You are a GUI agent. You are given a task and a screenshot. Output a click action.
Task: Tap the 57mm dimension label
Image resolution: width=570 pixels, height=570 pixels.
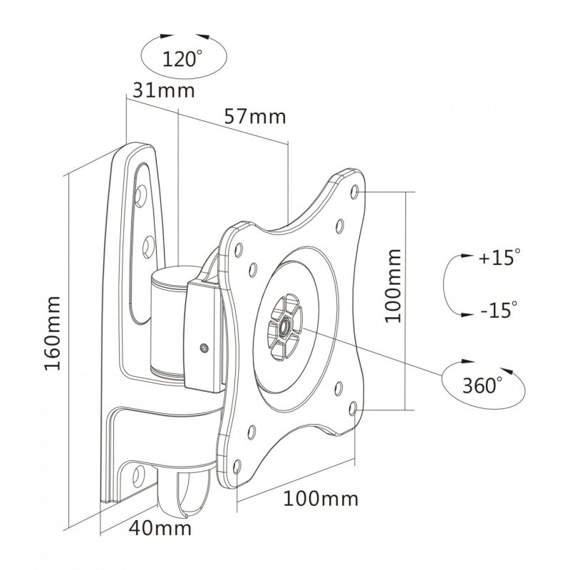pyautogui.click(x=254, y=116)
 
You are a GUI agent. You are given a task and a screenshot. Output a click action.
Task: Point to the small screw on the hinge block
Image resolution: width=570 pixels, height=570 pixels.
pyautogui.click(x=204, y=348)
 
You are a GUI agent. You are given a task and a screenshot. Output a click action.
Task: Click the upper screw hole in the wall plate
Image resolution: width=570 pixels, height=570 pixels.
pyautogui.click(x=142, y=193)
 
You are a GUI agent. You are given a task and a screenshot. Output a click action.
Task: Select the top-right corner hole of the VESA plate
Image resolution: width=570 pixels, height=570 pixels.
pyautogui.click(x=356, y=191)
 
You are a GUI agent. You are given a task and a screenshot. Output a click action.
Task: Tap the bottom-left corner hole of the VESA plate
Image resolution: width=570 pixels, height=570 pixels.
pyautogui.click(x=254, y=430)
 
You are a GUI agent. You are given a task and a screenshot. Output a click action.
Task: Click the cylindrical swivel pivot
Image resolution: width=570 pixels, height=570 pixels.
pyautogui.click(x=168, y=321)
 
